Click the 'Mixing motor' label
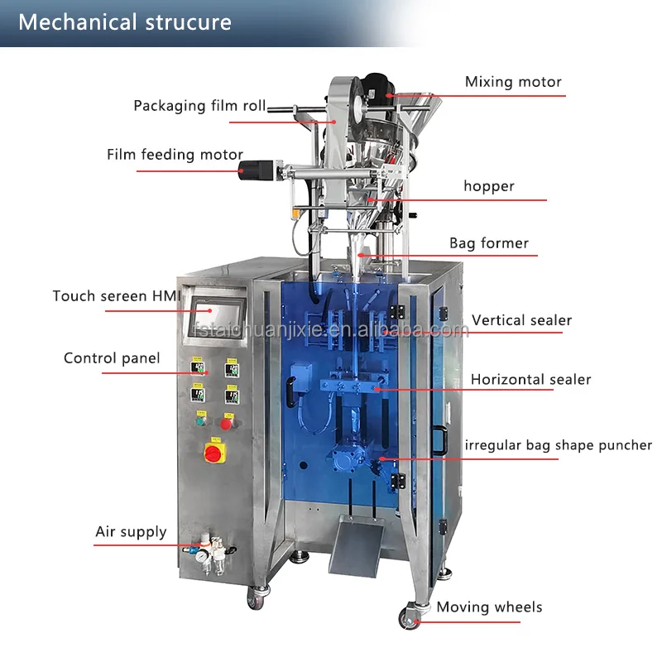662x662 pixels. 512,82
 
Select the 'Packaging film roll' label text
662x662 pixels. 200,106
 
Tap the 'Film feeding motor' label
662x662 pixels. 175,155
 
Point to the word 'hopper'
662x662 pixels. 488,186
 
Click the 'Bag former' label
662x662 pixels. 488,243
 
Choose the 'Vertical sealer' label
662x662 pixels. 521,320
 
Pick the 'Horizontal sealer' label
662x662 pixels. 530,380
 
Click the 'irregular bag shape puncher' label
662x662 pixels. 558,445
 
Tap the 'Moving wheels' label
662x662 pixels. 489,607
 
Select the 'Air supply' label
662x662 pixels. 131,532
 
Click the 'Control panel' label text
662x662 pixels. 112,358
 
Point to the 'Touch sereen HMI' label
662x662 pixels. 113,296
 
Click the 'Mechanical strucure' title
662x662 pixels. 125,22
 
